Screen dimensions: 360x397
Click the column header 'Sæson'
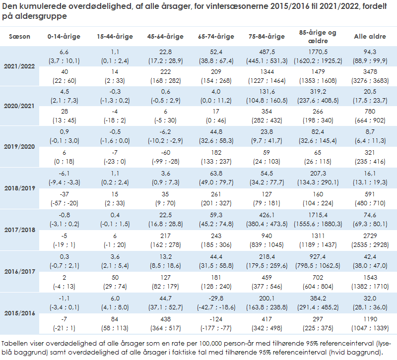(20, 37)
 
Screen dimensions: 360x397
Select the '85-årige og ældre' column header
(318, 37)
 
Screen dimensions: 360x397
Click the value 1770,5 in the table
(318, 52)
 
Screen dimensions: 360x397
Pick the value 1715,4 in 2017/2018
(318, 215)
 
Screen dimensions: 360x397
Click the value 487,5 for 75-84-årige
(266, 52)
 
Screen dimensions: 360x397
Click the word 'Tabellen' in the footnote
(16, 344)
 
